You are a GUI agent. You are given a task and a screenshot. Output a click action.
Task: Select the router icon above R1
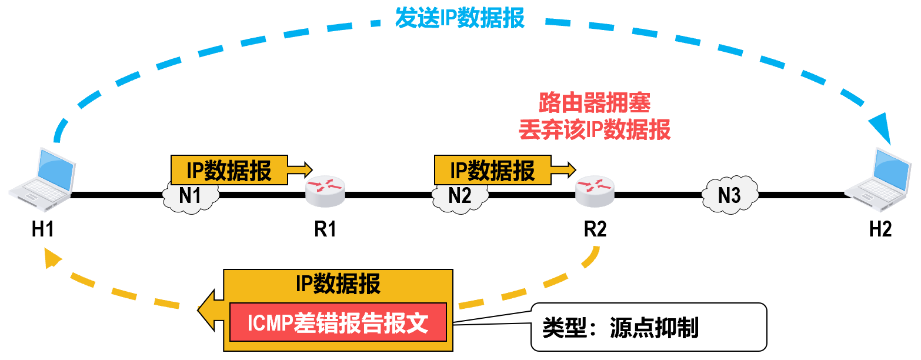[325, 189]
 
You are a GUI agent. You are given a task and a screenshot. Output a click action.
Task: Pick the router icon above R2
[595, 189]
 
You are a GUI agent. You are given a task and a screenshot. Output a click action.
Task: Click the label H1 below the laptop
[43, 229]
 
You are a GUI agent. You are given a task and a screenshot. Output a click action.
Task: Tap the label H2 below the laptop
[880, 229]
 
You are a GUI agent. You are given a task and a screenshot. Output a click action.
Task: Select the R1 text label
[325, 229]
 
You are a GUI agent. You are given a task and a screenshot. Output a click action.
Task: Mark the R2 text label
[595, 229]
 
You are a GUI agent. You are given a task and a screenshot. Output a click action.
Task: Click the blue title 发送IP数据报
[460, 18]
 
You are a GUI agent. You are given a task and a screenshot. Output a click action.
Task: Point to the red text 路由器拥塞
[595, 104]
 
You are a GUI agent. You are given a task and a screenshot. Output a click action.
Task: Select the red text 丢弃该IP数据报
[595, 130]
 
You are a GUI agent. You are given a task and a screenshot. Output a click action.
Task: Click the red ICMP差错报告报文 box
[338, 322]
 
